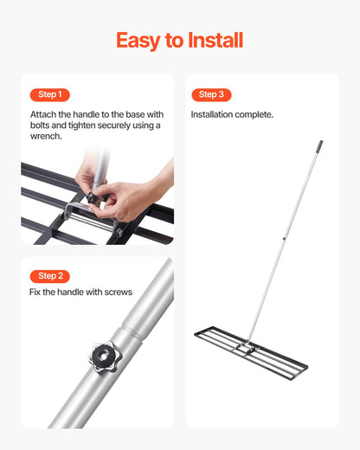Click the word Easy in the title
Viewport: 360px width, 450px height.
click(139, 40)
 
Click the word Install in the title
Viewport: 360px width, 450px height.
click(215, 40)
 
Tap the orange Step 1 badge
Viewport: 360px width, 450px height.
click(50, 94)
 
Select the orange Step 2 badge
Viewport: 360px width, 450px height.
click(50, 276)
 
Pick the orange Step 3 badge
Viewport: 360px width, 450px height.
click(211, 94)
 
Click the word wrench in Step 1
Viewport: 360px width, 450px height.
click(45, 137)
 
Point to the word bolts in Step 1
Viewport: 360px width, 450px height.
click(45, 125)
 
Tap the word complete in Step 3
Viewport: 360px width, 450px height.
click(255, 114)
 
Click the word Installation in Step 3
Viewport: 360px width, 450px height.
click(213, 114)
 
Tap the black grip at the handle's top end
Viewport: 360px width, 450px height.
click(318, 147)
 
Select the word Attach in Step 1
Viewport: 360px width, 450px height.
click(43, 114)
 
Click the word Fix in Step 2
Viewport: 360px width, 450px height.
click(36, 292)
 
